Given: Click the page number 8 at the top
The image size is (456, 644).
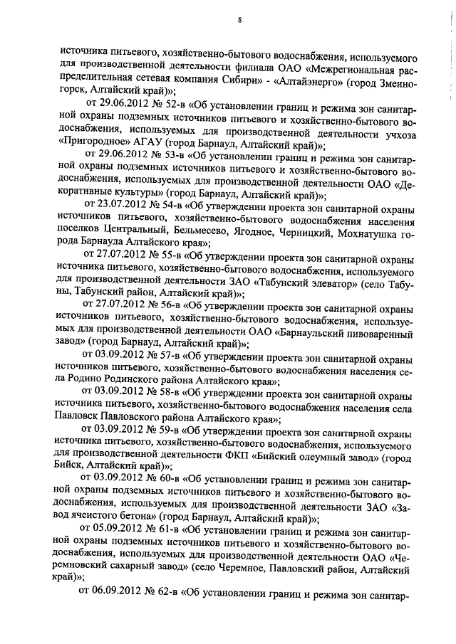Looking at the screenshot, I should (239, 19).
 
